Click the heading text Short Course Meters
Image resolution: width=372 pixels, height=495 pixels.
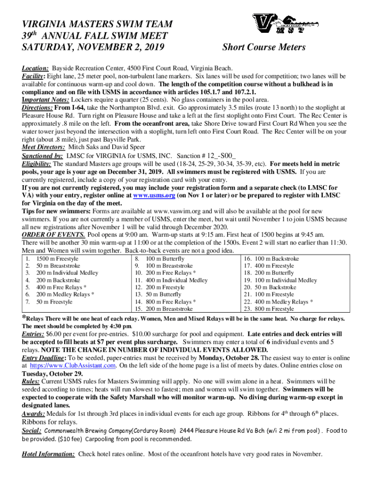(263, 47)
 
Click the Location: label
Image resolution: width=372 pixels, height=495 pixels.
(35, 69)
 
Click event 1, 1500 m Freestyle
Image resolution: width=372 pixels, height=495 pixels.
(54, 259)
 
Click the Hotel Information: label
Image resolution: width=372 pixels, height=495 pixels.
(48, 454)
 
